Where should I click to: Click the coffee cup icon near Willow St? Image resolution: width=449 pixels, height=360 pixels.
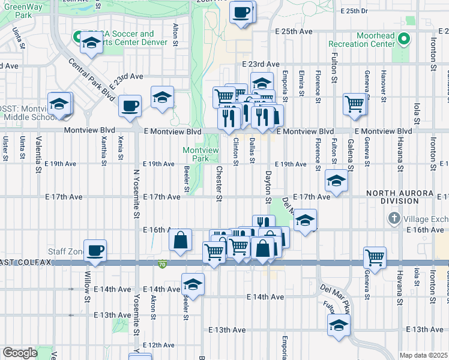tap(94, 250)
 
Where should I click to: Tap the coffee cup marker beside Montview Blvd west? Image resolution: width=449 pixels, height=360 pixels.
tap(130, 106)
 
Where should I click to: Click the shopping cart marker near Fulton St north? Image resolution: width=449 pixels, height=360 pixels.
tap(355, 104)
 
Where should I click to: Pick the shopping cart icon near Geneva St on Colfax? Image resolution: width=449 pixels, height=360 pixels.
tap(375, 257)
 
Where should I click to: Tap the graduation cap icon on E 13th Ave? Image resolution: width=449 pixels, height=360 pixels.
tap(339, 326)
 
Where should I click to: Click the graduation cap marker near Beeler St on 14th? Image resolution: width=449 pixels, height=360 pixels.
tap(193, 284)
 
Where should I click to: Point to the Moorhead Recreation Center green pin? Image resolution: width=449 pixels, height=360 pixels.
tap(404, 40)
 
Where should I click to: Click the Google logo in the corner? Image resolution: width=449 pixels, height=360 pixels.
tap(20, 353)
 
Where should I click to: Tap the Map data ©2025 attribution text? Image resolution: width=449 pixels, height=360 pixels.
tap(423, 355)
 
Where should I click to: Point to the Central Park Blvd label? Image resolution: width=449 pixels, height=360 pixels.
tap(91, 80)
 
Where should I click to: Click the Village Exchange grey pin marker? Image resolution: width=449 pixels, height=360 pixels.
tap(394, 217)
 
